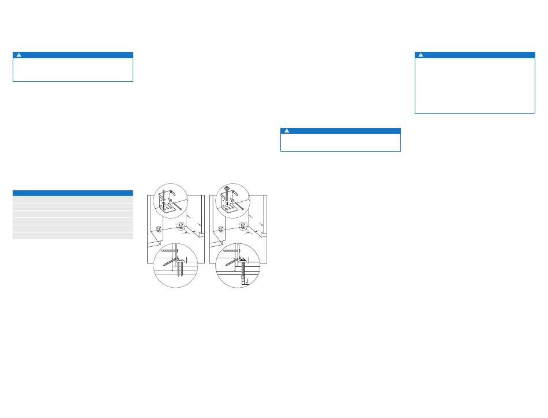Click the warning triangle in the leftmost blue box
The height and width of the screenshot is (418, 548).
coord(18,55)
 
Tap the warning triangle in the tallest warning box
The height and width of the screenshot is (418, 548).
coord(421,55)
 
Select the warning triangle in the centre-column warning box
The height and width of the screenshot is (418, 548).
coord(286,131)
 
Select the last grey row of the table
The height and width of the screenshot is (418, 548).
coord(73,235)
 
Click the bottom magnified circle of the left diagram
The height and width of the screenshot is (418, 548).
coord(175,266)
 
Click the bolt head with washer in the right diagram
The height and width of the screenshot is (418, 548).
coord(226,189)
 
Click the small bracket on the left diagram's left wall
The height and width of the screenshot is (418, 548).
coord(159,228)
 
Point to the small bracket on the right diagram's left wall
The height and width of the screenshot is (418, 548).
coord(221,228)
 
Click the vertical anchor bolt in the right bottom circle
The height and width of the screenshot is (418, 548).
coord(244,274)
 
